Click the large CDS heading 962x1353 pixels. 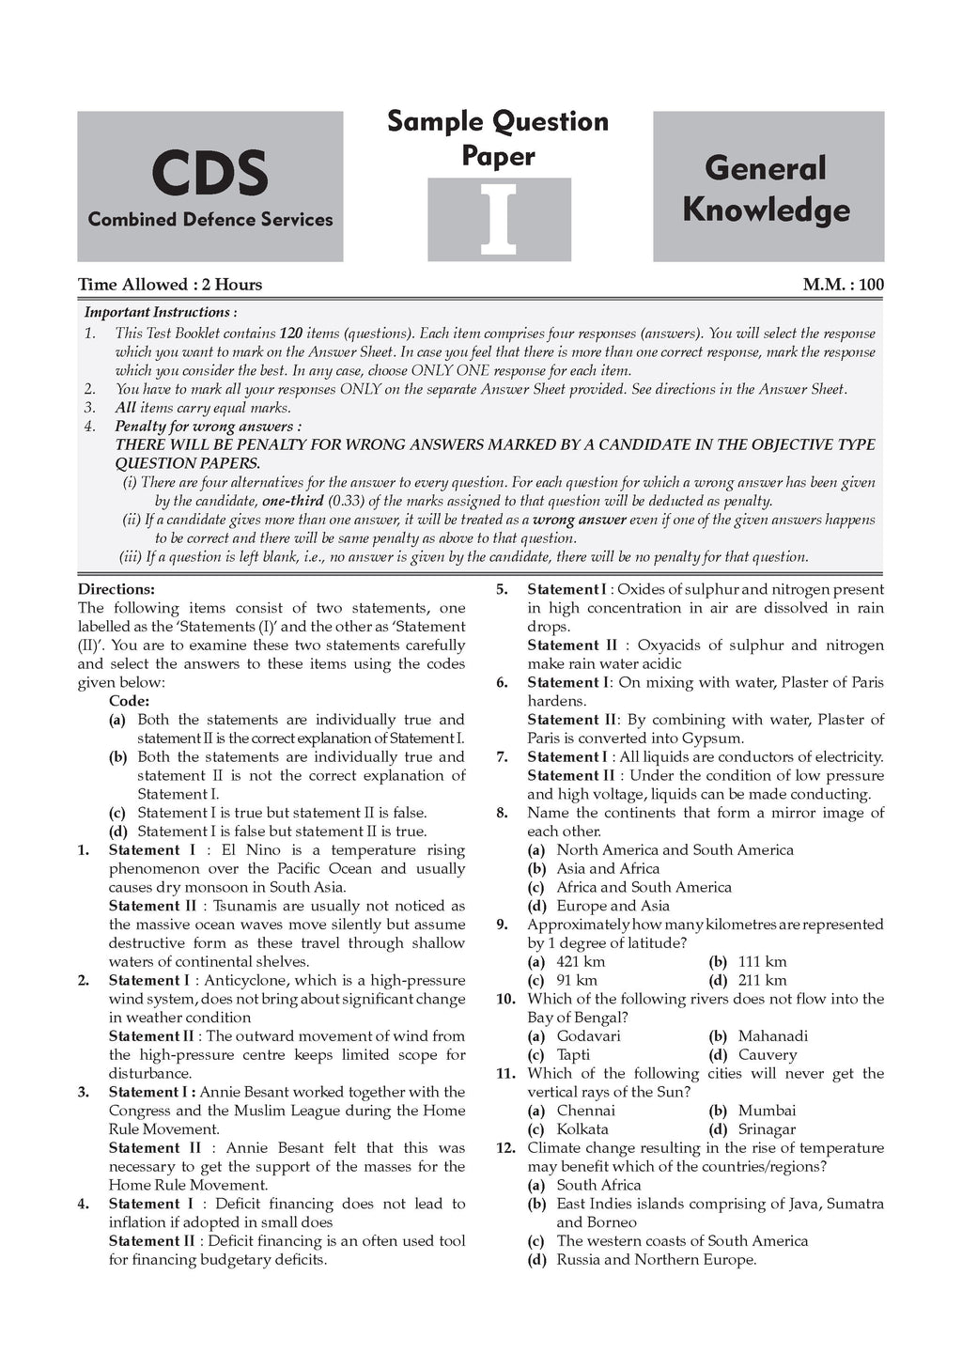209,174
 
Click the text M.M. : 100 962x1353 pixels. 843,285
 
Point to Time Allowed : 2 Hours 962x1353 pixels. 170,285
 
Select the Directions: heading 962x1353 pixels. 116,590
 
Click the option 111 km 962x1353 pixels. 762,961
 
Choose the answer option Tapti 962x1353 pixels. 573,1054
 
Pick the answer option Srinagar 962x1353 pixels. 767,1129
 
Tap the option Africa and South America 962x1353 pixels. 644,887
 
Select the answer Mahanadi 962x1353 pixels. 772,1036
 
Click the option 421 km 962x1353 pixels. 581,961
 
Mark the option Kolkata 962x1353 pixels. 582,1129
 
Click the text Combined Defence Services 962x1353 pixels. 210,220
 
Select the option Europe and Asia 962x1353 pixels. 613,906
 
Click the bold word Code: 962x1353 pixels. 130,701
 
